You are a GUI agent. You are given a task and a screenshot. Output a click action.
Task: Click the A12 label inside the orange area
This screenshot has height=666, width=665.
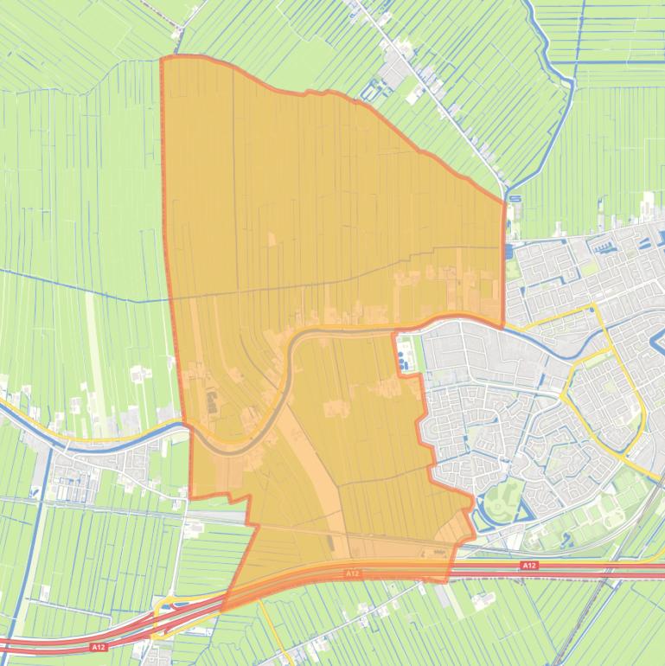pyautogui.click(x=352, y=573)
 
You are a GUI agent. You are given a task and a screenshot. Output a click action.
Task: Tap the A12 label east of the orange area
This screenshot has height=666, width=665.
pyautogui.click(x=529, y=566)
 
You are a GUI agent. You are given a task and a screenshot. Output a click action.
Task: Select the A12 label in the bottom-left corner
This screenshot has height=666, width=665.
pyautogui.click(x=98, y=646)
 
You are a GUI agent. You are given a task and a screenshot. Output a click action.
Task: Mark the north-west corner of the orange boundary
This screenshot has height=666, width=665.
pyautogui.click(x=163, y=59)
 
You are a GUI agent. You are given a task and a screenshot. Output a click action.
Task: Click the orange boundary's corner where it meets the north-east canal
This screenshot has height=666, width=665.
pyautogui.click(x=504, y=202)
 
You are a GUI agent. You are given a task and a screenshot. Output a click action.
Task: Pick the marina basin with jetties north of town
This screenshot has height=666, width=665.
pyautogui.click(x=606, y=246)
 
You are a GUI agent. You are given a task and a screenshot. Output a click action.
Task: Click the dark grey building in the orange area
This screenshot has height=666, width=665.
pyautogui.click(x=211, y=401)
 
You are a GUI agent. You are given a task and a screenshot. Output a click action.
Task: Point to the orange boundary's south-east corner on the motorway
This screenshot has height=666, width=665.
pyautogui.click(x=446, y=580)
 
